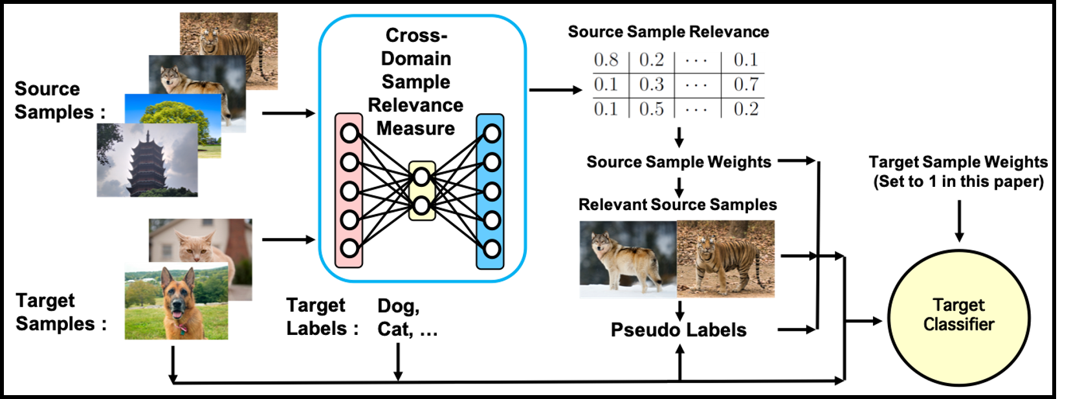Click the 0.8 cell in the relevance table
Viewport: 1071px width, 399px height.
tap(606, 59)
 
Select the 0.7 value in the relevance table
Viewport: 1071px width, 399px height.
tap(746, 85)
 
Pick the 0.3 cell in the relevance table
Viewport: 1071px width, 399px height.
tap(652, 85)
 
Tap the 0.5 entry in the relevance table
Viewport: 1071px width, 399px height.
tap(652, 109)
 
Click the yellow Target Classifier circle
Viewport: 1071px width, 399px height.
tap(958, 318)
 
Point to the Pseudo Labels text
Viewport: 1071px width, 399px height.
tap(678, 330)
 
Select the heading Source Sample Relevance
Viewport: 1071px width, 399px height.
tap(668, 32)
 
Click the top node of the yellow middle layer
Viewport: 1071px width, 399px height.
tap(422, 177)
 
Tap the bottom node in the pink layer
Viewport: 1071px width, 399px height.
tap(349, 249)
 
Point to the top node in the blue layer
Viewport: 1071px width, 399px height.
tap(492, 134)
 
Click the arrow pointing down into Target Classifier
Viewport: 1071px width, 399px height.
tap(958, 221)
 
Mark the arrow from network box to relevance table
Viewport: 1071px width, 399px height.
tap(556, 90)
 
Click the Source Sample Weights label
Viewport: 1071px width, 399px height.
tap(679, 162)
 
